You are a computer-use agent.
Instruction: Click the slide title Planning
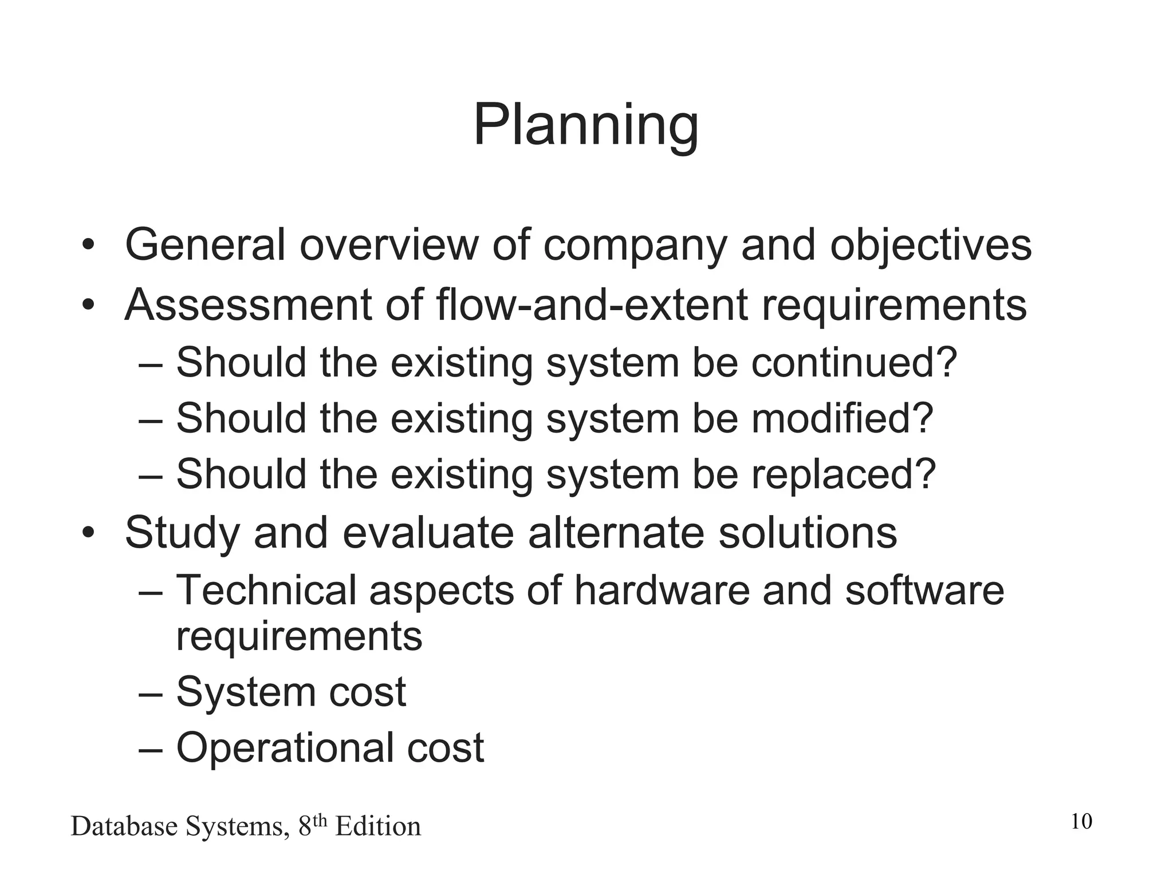[585, 126]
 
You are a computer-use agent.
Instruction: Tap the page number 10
[1081, 822]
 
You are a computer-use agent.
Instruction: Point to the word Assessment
[248, 305]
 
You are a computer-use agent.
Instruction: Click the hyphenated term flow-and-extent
[592, 305]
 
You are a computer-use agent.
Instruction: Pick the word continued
[854, 363]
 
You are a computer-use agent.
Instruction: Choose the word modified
[843, 418]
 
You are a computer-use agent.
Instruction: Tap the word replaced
[844, 474]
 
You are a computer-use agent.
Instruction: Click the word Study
[182, 533]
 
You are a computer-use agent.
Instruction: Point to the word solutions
[808, 533]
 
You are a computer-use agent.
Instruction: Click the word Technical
[266, 590]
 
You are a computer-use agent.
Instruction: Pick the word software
[924, 590]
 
